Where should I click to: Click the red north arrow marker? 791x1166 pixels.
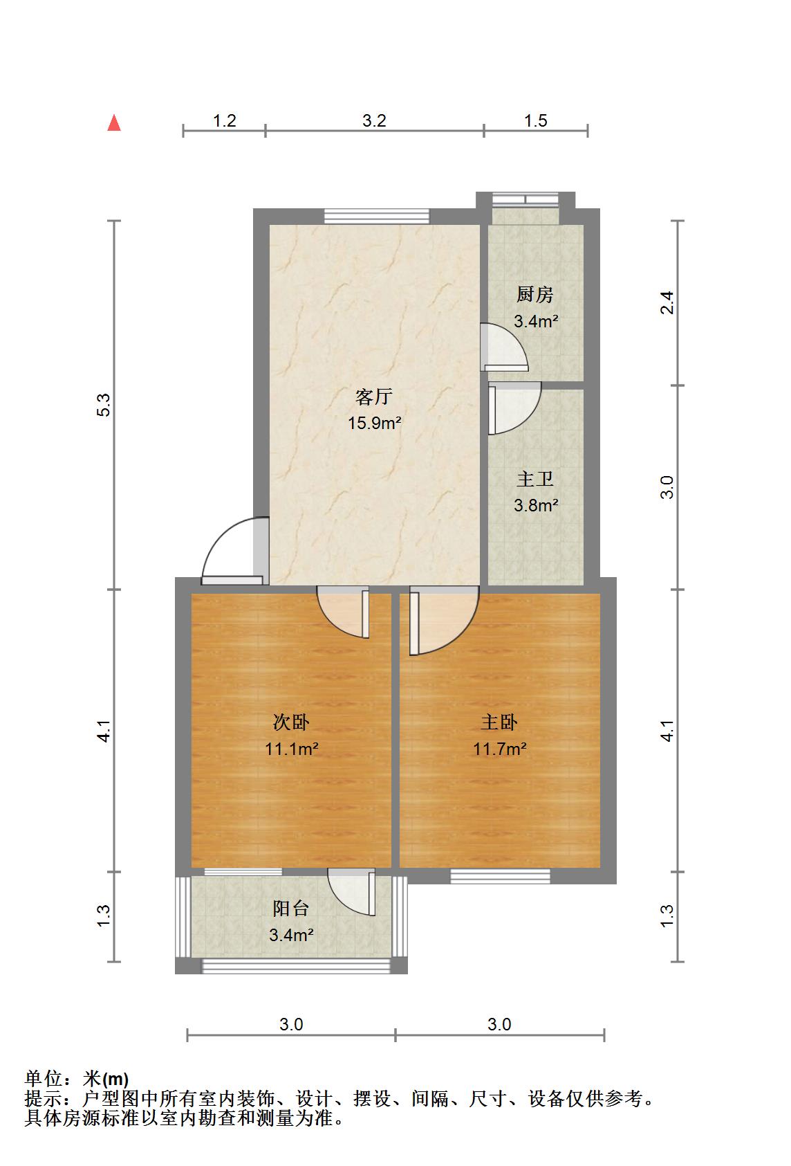point(114,123)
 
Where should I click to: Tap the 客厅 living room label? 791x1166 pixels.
point(373,397)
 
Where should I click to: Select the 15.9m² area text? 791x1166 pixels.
point(375,423)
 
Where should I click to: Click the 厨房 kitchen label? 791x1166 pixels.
point(534,295)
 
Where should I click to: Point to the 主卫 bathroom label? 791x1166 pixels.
point(534,479)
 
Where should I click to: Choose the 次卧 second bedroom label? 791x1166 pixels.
point(291,722)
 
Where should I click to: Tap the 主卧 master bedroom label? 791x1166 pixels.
point(499,722)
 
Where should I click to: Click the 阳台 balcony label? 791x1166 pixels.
point(291,909)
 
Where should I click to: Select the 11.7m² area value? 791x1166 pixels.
point(500,749)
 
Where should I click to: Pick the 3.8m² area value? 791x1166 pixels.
point(536,505)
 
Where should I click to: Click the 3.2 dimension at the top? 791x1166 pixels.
point(375,121)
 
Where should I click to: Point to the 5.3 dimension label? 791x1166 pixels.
point(104,405)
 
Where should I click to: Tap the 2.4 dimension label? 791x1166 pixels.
point(667,302)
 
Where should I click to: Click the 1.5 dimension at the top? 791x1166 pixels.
point(536,121)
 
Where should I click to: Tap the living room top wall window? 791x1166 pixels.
point(377,216)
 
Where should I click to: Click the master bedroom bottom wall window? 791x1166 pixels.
point(501,877)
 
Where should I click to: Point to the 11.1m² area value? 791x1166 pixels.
point(292,749)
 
